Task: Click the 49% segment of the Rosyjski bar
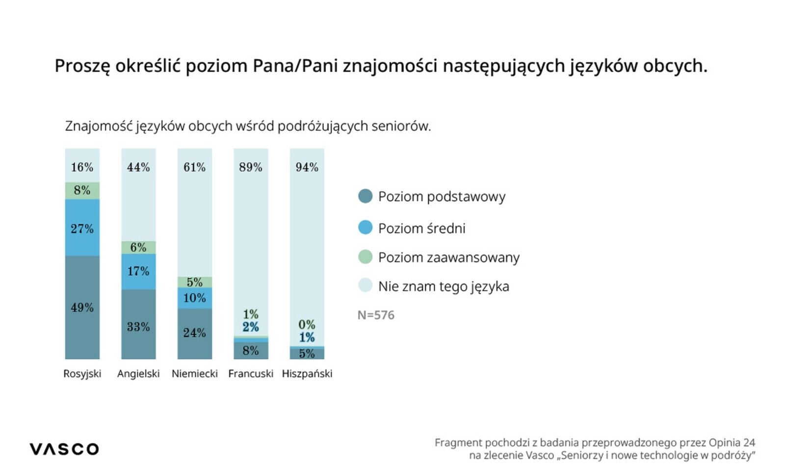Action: coord(82,307)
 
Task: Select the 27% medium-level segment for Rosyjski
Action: coord(82,228)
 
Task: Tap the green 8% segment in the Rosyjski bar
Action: coord(82,190)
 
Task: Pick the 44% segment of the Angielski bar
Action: coord(138,194)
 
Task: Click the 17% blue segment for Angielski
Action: coord(138,271)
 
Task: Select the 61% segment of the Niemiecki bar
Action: coord(194,212)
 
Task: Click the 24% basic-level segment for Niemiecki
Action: coord(194,333)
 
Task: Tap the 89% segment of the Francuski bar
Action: coord(251,240)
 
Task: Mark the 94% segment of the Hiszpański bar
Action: coord(307,245)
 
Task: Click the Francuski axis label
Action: coord(251,374)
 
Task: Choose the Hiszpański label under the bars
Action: coord(307,374)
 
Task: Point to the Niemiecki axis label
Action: coord(194,374)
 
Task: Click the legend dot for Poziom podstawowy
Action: coord(365,196)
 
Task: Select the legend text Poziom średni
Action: coord(421,228)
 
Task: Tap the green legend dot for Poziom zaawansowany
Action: coord(365,257)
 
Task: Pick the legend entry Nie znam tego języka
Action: coord(443,286)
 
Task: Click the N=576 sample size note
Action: coord(376,315)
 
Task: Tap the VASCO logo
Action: coord(64,449)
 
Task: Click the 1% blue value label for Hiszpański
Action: coord(307,338)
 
